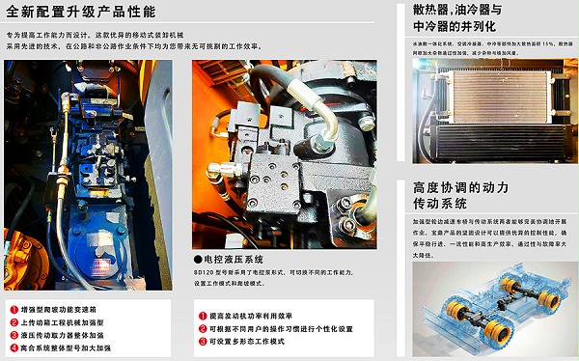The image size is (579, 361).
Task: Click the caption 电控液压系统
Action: (x=231, y=259)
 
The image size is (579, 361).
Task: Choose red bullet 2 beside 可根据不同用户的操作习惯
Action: (x=200, y=328)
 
